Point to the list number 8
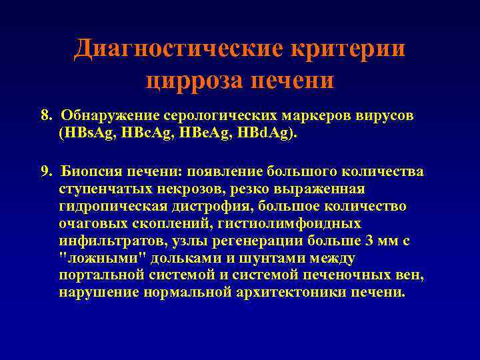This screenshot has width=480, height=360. [45, 116]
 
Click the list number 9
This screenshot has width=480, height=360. [45, 173]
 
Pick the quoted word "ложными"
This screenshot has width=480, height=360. [89, 258]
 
